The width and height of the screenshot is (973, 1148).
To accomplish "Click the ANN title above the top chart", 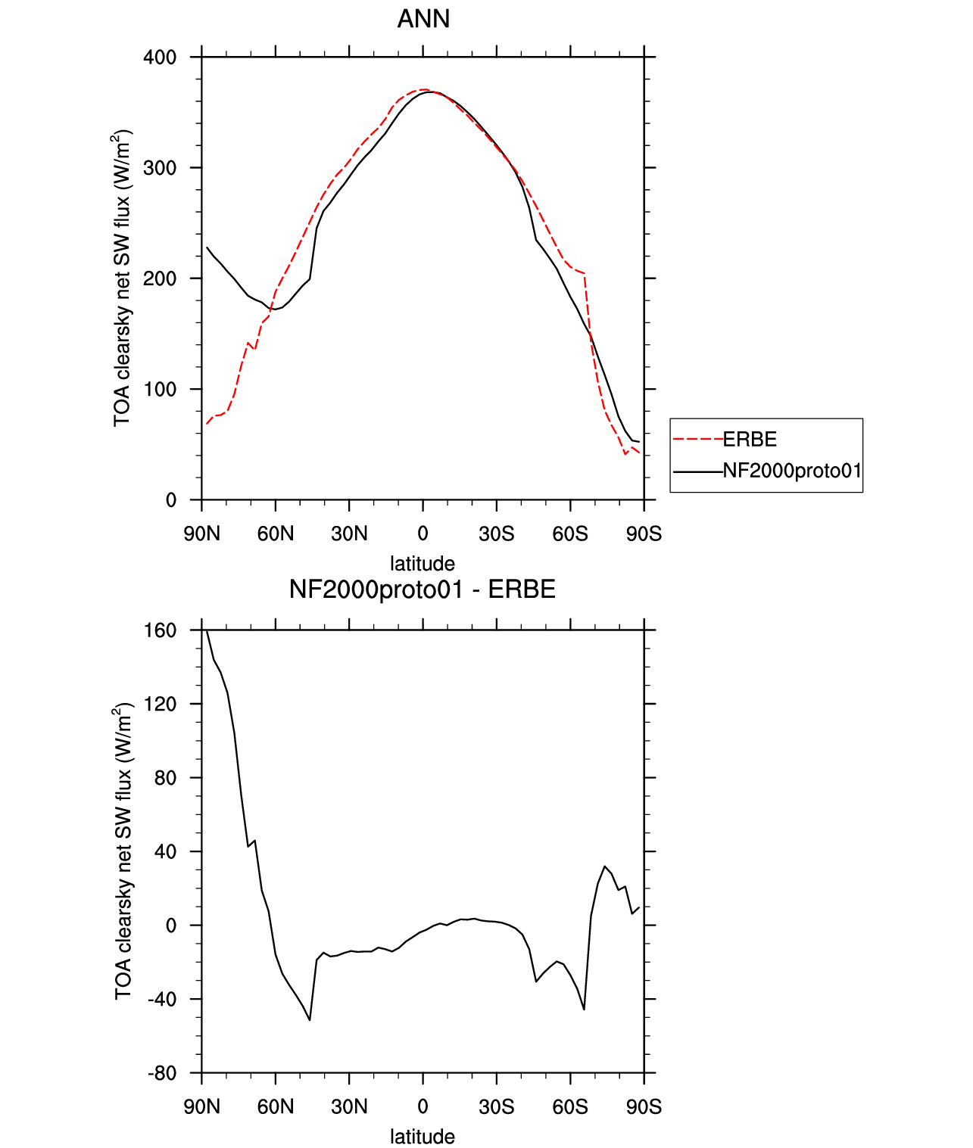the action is pos(423,19).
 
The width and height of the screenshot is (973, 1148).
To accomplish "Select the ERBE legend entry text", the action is pos(750,440).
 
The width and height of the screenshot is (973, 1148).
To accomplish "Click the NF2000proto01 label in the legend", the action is pos(792,471).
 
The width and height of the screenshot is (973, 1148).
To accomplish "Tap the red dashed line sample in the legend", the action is pos(697,440).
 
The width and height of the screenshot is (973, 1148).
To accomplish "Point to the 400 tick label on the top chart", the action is pos(160,58).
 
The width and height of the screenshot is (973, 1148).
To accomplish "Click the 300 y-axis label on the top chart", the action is pos(160,168).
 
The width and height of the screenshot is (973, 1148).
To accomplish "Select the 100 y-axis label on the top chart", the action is pos(160,389).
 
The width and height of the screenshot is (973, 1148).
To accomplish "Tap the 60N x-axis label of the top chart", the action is pos(275,534).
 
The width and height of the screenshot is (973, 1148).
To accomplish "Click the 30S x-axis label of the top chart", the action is pos(496,534).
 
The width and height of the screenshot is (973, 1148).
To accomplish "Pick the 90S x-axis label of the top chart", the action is pos(644,534).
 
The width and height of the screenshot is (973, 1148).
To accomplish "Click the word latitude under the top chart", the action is pos(423,564).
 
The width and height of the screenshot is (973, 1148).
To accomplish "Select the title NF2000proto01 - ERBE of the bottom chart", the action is pos(423,590).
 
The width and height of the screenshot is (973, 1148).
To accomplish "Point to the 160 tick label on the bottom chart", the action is pos(160,630).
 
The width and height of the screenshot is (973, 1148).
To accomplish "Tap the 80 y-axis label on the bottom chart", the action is pos(166,777).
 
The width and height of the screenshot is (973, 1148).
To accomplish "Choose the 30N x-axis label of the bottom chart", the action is pos(349,1107).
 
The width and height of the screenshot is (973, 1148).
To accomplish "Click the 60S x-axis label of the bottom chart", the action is pos(570,1107).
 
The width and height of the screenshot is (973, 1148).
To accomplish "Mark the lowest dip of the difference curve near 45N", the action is pos(310,1019).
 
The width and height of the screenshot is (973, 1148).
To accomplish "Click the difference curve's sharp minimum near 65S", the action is pos(584,1010).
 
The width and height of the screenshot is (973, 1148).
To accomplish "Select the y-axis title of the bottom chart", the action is pos(123,851).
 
